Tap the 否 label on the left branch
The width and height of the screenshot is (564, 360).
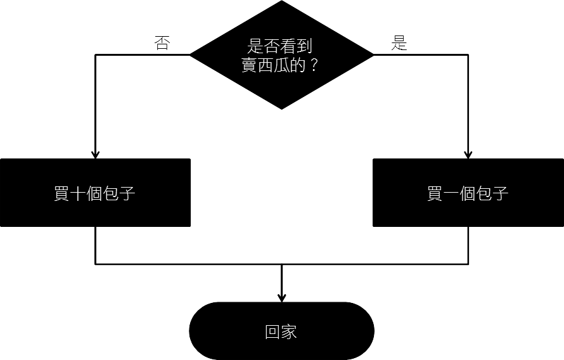click(x=162, y=44)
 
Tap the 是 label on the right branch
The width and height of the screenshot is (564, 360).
click(x=399, y=44)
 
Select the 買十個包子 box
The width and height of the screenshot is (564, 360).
click(x=95, y=193)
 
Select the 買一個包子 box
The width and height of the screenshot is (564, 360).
click(x=468, y=193)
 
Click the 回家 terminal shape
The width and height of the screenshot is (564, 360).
click(x=282, y=331)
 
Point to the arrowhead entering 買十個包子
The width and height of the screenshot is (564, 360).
click(x=95, y=154)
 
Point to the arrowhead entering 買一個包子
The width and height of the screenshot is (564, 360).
click(x=468, y=154)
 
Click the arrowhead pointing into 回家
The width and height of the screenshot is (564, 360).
click(x=282, y=297)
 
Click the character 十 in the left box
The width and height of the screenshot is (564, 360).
click(x=78, y=193)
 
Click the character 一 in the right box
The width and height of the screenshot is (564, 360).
click(x=451, y=193)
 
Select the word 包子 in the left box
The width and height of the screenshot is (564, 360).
click(x=119, y=193)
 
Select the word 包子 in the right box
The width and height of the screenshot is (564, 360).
click(x=492, y=193)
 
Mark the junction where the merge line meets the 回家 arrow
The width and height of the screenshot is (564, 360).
click(x=282, y=264)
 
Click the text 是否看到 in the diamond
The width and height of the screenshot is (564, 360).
click(x=279, y=47)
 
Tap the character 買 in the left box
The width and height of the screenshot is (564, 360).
click(x=61, y=193)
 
